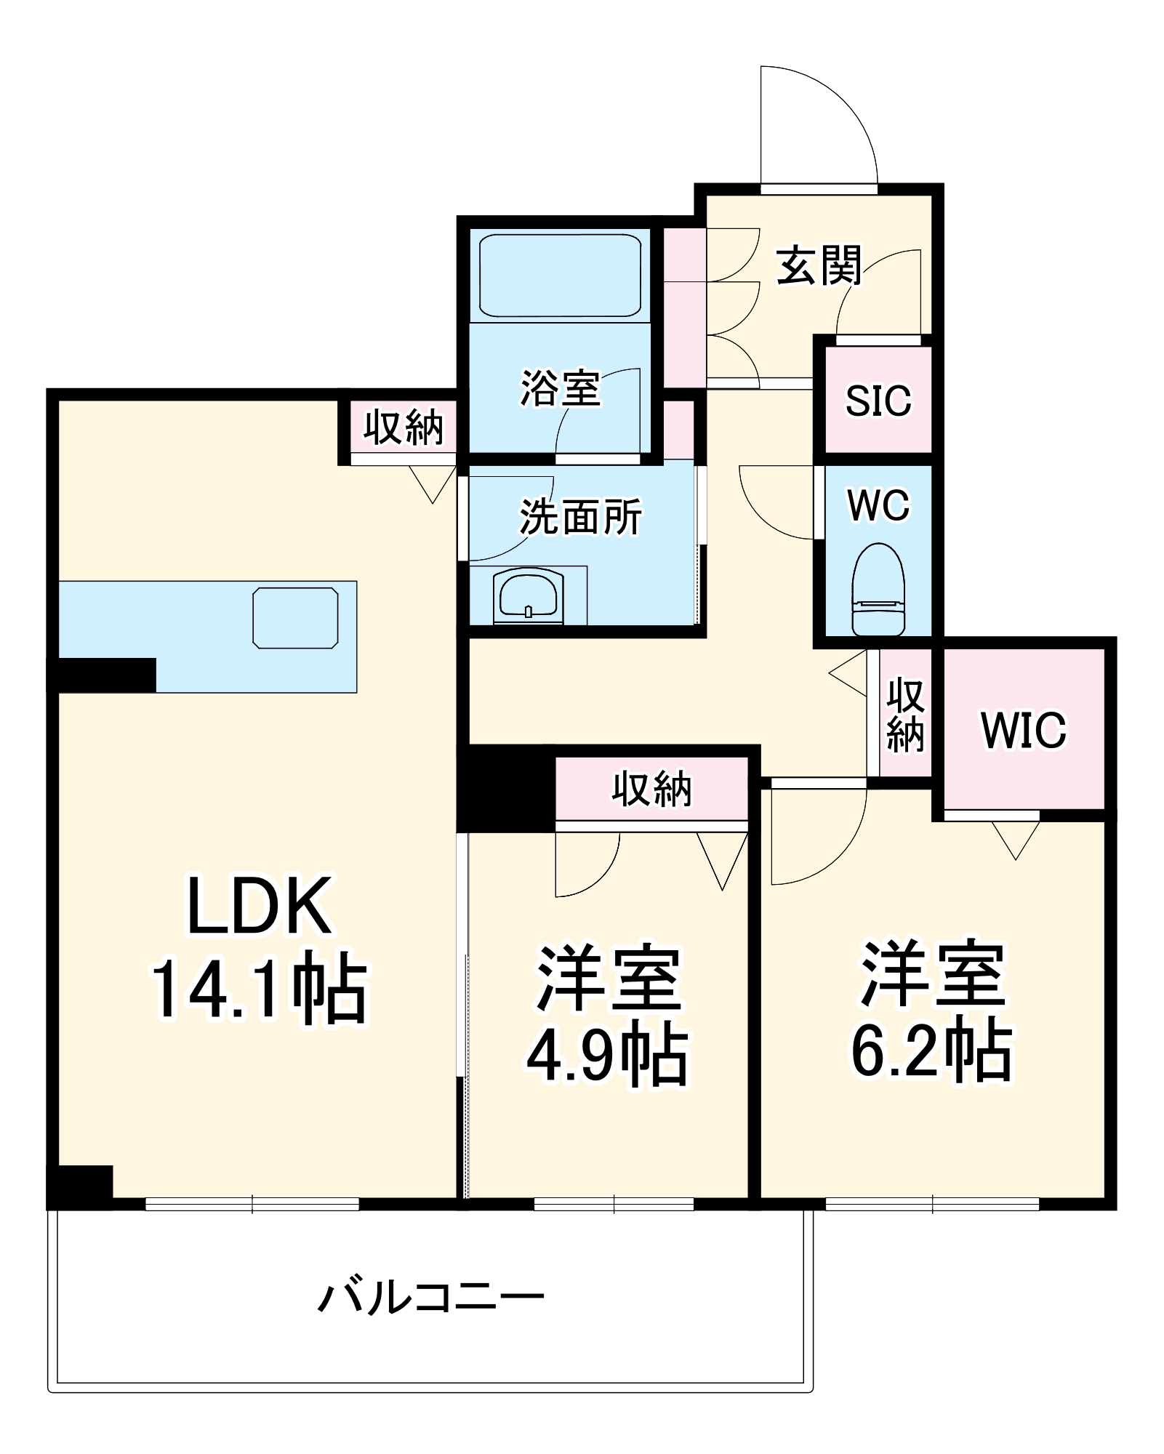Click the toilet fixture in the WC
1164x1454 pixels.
(x=878, y=590)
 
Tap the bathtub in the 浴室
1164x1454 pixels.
(x=560, y=276)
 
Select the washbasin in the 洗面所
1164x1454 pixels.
(x=528, y=595)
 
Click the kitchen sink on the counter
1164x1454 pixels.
(x=295, y=617)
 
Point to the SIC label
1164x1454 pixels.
(x=878, y=401)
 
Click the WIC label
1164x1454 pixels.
(x=1024, y=730)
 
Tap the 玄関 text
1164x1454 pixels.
(x=819, y=265)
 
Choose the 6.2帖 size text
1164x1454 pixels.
(x=931, y=1049)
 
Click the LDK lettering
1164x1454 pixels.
(x=260, y=906)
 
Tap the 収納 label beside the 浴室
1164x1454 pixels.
(x=404, y=427)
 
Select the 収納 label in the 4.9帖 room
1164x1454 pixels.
(x=651, y=789)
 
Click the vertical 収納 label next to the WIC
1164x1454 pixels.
(x=905, y=715)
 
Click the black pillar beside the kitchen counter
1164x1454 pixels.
(x=102, y=675)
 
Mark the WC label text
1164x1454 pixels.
(x=878, y=505)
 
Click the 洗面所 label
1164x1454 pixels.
(x=580, y=517)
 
